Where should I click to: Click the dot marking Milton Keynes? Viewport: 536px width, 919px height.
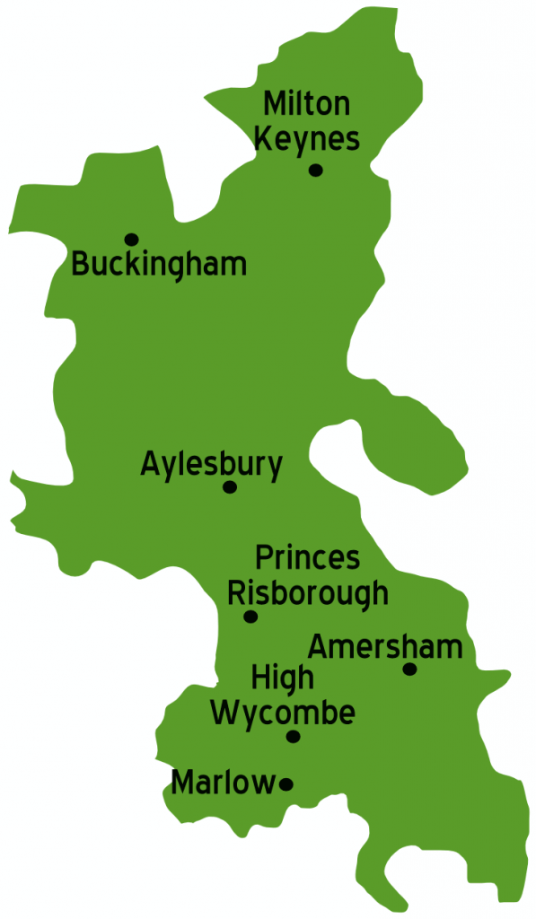click(x=315, y=170)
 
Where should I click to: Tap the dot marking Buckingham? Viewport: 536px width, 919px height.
click(x=131, y=239)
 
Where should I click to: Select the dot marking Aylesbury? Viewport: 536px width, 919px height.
click(x=230, y=487)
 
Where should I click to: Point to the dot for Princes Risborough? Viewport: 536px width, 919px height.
click(x=250, y=617)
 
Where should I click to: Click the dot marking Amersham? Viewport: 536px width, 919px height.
click(x=409, y=669)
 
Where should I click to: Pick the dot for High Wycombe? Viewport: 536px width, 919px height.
click(x=293, y=737)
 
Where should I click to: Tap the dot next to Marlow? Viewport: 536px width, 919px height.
click(x=286, y=783)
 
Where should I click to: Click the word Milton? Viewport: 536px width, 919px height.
click(x=307, y=104)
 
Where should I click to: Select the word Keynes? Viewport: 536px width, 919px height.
click(x=307, y=139)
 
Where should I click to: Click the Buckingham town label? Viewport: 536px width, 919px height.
click(x=159, y=266)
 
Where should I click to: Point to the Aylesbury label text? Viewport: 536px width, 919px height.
click(x=212, y=465)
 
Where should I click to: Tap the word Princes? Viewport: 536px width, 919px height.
click(x=307, y=558)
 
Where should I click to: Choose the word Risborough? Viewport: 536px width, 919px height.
click(x=308, y=594)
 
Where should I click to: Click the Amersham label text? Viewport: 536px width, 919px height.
click(x=385, y=646)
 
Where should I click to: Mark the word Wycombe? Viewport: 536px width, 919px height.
click(x=283, y=713)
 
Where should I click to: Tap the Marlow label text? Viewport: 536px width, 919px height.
click(x=223, y=783)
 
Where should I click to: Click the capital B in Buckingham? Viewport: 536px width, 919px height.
click(x=79, y=265)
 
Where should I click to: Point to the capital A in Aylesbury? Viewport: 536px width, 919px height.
click(x=150, y=464)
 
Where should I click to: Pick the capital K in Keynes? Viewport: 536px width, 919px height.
click(x=263, y=139)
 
